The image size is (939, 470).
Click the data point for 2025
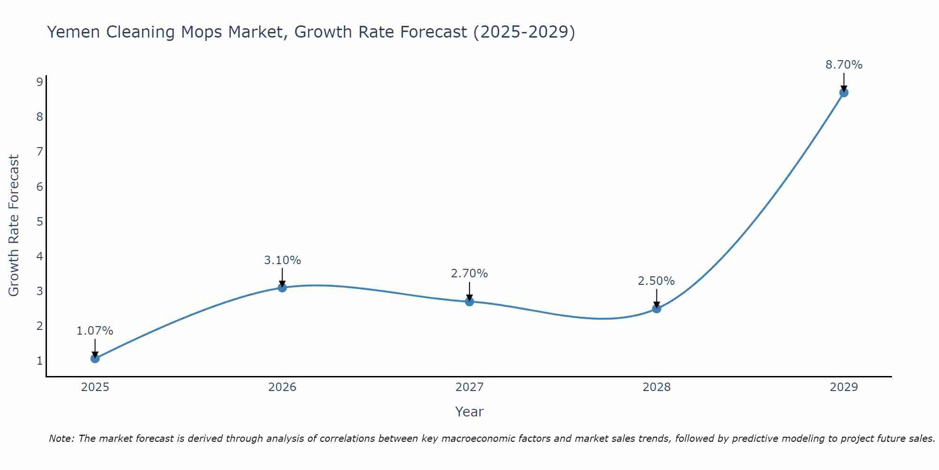click(95, 359)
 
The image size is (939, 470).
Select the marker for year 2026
click(282, 288)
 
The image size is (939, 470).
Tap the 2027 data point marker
click(469, 302)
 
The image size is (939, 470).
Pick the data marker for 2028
click(656, 309)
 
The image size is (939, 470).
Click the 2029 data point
click(844, 93)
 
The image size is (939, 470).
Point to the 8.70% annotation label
click(844, 65)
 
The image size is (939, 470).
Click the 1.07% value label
click(95, 331)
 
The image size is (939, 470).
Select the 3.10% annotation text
click(282, 260)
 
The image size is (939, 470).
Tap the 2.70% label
click(469, 274)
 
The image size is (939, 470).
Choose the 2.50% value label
click(656, 281)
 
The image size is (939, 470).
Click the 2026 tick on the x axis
click(282, 387)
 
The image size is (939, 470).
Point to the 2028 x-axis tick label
click(656, 387)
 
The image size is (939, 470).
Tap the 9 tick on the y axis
click(39, 82)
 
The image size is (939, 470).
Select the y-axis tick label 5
click(39, 221)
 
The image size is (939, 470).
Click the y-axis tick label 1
click(39, 361)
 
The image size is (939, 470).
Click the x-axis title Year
click(469, 412)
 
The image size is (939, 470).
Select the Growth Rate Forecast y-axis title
click(14, 226)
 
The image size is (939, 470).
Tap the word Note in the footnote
click(61, 439)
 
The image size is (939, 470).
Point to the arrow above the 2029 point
click(844, 81)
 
